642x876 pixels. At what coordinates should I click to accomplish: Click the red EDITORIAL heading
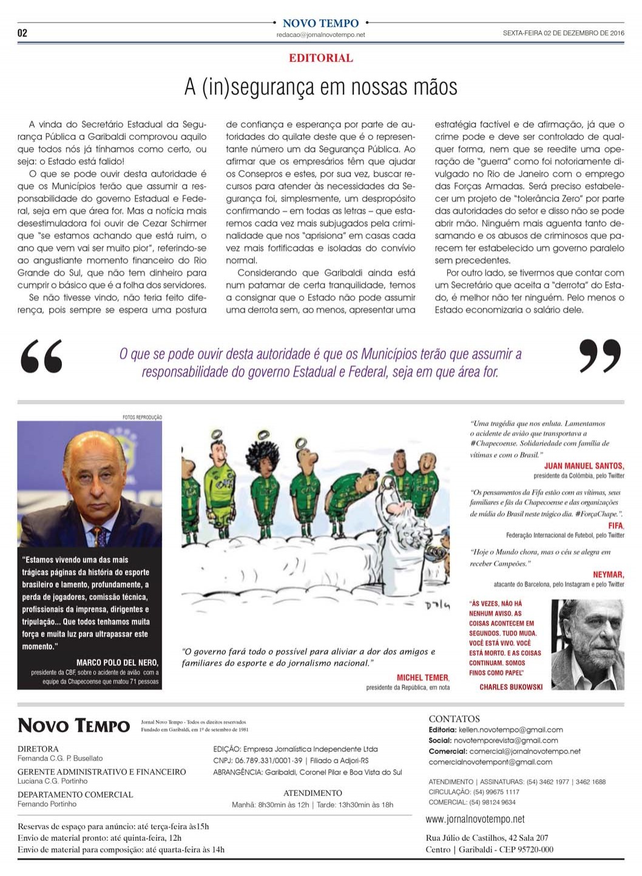[321, 58]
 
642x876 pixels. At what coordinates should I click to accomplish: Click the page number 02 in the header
[22, 33]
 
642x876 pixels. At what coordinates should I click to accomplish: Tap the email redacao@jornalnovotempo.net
[320, 35]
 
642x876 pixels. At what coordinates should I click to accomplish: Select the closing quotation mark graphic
[600, 356]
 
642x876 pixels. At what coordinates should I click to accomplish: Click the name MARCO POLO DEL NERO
[117, 662]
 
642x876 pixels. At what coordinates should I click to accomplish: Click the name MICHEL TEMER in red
[423, 677]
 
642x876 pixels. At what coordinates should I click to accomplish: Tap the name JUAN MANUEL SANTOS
[584, 466]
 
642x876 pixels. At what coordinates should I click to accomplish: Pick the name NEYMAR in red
[608, 574]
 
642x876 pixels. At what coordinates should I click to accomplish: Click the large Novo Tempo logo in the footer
[74, 725]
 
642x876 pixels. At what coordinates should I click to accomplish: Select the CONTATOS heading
[454, 719]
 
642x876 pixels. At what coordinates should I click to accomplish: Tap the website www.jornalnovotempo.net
[475, 819]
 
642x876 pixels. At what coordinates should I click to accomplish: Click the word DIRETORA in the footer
[38, 749]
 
